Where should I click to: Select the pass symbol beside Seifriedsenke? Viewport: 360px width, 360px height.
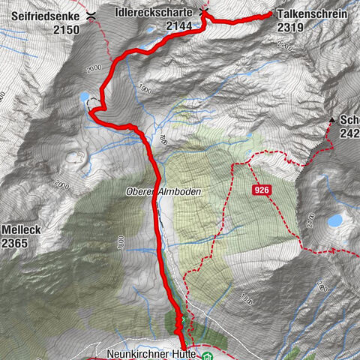(91, 14)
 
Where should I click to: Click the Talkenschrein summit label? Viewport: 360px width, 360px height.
(311, 13)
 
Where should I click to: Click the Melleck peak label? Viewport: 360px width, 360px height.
(19, 229)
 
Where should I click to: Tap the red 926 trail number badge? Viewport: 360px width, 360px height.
(261, 191)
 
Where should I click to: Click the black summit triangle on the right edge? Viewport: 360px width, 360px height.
(331, 120)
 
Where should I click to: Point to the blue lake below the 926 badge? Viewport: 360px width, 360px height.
(335, 220)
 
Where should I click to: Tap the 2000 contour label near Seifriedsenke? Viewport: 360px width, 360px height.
(93, 68)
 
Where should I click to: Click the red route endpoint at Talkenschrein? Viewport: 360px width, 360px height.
(270, 14)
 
